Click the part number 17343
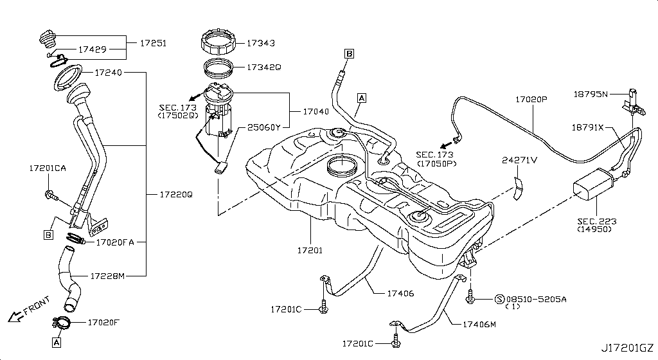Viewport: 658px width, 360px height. (261, 44)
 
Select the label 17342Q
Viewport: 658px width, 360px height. (263, 67)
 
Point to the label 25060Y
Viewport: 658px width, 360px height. (264, 128)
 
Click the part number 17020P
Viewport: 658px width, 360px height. (531, 100)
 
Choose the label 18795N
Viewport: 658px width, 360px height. (591, 94)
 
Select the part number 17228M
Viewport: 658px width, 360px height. (107, 276)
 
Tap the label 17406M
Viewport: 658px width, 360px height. (479, 325)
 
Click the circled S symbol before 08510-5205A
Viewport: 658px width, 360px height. (499, 299)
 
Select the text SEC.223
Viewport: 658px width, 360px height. (596, 221)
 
